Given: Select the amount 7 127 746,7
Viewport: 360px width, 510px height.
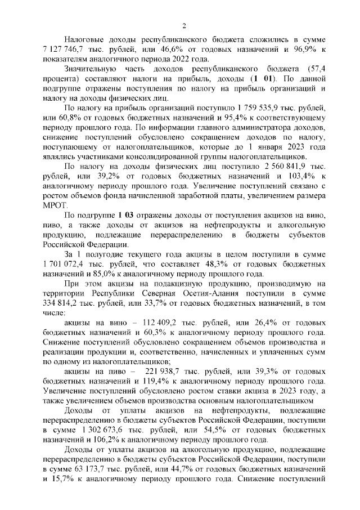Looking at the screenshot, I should pyautogui.click(x=62, y=51).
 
